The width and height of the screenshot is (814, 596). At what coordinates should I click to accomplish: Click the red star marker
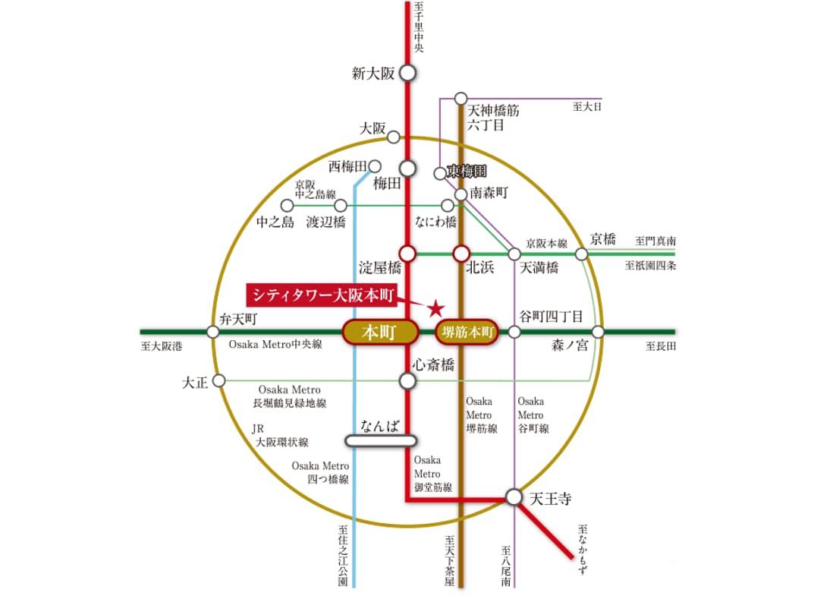click(x=436, y=308)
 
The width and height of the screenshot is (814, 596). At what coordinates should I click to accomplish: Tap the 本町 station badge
click(x=381, y=333)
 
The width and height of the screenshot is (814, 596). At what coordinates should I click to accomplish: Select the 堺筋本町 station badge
click(x=467, y=333)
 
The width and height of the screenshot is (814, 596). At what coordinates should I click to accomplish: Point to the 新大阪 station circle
click(x=408, y=74)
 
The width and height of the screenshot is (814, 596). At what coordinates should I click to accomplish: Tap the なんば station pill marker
click(x=381, y=440)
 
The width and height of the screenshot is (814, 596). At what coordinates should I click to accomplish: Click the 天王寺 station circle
click(x=514, y=497)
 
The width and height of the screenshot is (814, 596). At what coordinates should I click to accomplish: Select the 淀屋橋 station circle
click(x=408, y=253)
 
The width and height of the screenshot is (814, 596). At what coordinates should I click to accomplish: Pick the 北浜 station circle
click(x=461, y=253)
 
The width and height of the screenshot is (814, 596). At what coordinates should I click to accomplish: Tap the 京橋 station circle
click(x=583, y=254)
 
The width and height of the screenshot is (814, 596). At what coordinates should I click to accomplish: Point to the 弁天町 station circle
click(x=213, y=332)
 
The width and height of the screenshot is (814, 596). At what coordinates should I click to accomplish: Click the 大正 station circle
click(x=219, y=380)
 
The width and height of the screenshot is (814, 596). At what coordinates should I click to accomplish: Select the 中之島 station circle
click(x=287, y=206)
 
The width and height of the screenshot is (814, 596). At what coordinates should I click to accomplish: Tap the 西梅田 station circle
click(x=374, y=166)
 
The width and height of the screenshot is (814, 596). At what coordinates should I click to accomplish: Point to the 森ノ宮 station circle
click(x=598, y=332)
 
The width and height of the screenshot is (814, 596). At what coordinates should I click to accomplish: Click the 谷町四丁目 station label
click(x=551, y=317)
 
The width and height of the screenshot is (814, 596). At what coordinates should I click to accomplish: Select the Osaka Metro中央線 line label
click(x=275, y=345)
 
